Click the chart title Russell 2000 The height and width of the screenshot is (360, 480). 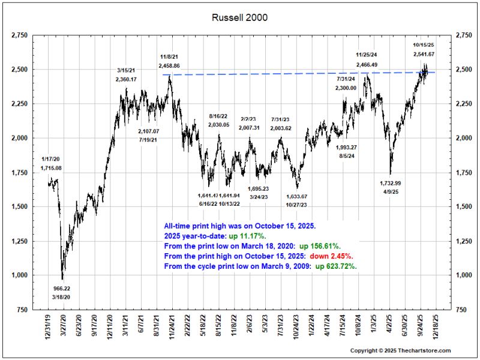(239, 17)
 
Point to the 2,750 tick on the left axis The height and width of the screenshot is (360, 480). (19, 35)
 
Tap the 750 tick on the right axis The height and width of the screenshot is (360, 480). (461, 310)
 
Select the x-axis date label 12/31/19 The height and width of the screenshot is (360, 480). (48, 325)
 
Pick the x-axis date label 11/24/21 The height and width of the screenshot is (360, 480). (172, 325)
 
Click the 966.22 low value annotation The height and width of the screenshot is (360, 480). (62, 289)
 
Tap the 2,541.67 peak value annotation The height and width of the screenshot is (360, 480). (424, 54)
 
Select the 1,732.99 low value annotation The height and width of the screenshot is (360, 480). (391, 183)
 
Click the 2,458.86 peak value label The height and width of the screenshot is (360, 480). (169, 65)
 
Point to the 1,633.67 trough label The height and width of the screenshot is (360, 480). (296, 196)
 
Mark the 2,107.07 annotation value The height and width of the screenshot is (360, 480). (148, 131)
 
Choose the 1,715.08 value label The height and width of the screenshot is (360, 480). (51, 168)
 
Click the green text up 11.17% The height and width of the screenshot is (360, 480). (248, 236)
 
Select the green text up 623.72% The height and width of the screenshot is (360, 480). (336, 266)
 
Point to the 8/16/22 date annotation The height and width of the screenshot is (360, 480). (218, 116)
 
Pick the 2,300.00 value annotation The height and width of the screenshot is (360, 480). (346, 88)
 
